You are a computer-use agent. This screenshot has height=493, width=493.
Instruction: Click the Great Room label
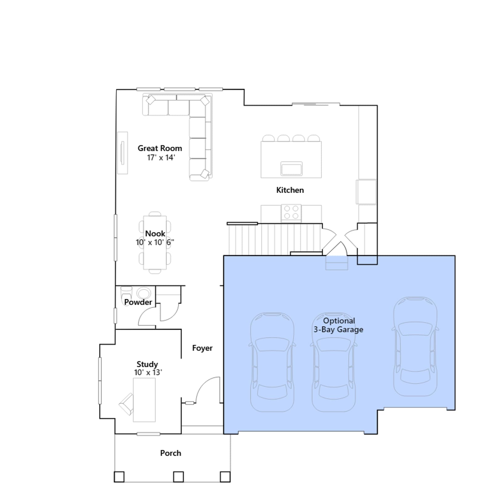click(160, 148)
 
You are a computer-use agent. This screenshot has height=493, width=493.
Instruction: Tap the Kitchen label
click(290, 190)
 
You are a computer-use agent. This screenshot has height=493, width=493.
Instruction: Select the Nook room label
click(155, 234)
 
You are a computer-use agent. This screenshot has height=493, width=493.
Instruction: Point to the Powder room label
click(138, 302)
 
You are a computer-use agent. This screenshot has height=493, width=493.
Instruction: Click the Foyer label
click(202, 348)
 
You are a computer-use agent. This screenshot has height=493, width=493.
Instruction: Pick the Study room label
click(147, 365)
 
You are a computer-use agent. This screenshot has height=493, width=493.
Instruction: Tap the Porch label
click(171, 453)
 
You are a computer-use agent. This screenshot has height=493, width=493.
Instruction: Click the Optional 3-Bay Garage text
click(338, 325)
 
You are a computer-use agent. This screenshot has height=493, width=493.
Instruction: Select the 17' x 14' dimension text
click(161, 158)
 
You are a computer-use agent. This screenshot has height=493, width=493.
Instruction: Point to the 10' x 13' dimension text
click(148, 373)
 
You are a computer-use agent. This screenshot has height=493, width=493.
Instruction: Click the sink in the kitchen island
click(291, 169)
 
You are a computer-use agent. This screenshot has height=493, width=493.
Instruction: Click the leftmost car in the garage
click(272, 362)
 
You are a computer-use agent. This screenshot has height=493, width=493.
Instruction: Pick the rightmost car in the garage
click(415, 346)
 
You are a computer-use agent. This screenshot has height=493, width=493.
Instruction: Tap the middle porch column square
click(178, 477)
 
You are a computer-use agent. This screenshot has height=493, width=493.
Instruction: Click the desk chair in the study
click(126, 404)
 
